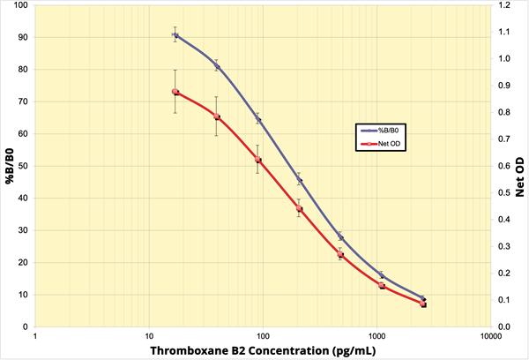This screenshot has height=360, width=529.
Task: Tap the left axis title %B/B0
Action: pyautogui.click(x=10, y=166)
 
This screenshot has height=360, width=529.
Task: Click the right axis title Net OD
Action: pyautogui.click(x=519, y=166)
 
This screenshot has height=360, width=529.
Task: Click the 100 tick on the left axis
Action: pyautogui.click(x=19, y=5)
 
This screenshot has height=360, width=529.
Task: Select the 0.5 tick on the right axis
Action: pyautogui.click(x=504, y=192)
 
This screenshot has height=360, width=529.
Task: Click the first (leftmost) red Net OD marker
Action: pyautogui.click(x=175, y=92)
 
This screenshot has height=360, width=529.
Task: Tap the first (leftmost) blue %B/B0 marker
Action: pyautogui.click(x=175, y=35)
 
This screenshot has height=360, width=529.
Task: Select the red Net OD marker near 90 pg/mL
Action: pyautogui.click(x=257, y=160)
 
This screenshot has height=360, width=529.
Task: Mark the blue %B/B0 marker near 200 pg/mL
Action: pyautogui.click(x=299, y=181)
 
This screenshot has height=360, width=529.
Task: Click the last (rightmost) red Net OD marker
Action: pyautogui.click(x=423, y=304)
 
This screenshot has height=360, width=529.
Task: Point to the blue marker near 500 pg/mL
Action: pyautogui.click(x=340, y=236)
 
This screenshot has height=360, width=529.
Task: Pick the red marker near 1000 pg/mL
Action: pyautogui.click(x=382, y=286)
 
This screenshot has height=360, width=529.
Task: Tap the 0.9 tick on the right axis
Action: pyautogui.click(x=504, y=86)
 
